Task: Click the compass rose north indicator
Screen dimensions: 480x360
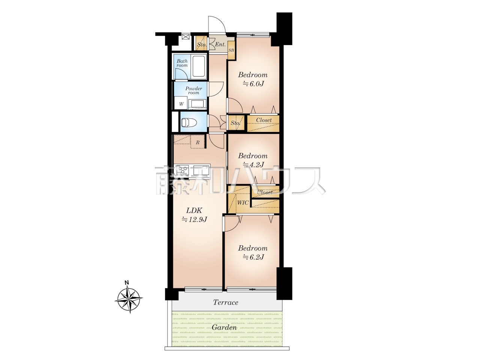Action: [126, 283]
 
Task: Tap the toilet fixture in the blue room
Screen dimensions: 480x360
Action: [189, 122]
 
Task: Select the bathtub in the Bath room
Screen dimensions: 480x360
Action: [198, 66]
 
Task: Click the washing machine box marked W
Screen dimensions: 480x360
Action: [181, 103]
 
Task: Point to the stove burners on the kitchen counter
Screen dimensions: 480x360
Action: [183, 169]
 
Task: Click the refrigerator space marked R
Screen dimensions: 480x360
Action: [198, 142]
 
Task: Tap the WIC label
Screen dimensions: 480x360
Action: [243, 202]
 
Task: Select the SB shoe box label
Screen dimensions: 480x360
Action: [231, 50]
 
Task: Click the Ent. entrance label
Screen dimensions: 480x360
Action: [220, 44]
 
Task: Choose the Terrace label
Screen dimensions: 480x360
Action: [225, 303]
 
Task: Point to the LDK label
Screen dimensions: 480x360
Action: [194, 210]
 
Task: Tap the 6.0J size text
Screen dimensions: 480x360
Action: [253, 84]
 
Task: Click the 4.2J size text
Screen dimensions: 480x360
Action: [253, 164]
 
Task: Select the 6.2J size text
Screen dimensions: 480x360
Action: [253, 257]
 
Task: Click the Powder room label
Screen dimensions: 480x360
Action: [193, 90]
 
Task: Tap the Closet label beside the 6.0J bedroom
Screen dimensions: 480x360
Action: [264, 120]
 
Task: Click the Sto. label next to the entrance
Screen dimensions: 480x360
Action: [201, 45]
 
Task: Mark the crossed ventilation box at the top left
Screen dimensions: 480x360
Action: [186, 36]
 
